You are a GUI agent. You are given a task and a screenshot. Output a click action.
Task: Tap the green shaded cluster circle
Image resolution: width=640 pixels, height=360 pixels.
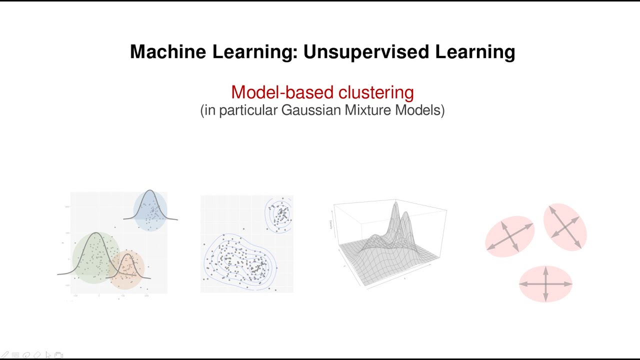95,257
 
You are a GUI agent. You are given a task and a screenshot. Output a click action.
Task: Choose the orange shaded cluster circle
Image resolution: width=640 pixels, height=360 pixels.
126,270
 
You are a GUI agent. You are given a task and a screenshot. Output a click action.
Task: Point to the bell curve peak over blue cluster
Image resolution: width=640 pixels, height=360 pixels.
150,190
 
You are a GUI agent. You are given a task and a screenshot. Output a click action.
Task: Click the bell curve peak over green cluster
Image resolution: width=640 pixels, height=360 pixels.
95,233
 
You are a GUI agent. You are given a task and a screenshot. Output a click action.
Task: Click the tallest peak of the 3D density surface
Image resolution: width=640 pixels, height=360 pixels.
396,202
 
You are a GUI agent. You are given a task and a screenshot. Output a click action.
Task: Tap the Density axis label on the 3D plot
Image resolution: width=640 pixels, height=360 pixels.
330,225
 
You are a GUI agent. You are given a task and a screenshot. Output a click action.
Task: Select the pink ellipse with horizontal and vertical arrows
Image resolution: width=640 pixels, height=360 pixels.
545,284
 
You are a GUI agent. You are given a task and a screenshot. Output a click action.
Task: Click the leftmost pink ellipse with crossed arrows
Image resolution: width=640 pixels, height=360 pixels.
509,236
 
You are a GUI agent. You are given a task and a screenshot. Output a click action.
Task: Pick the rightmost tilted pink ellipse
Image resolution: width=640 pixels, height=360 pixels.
565,226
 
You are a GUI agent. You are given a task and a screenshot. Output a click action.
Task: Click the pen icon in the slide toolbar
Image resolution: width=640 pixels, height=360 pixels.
5,355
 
